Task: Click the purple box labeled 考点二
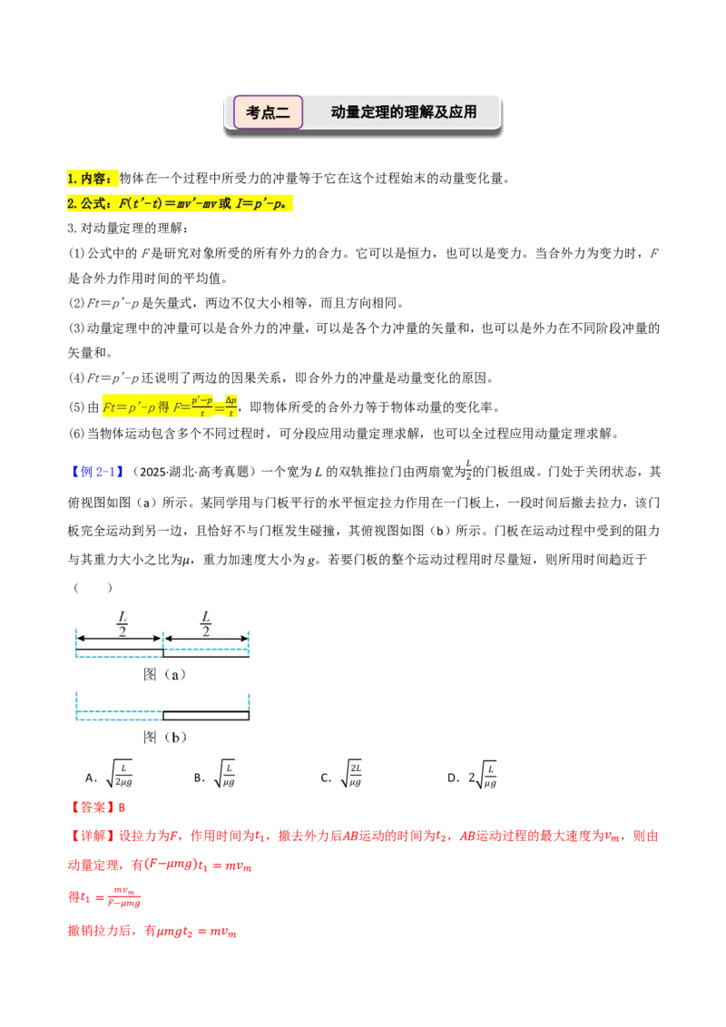click(x=268, y=112)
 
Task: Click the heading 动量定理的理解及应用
click(x=404, y=112)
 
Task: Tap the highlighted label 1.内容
click(x=93, y=178)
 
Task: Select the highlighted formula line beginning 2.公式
click(x=179, y=204)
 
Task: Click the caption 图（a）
click(x=164, y=674)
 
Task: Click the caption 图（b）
click(x=164, y=737)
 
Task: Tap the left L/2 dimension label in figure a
click(x=123, y=623)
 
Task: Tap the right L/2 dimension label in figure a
click(x=206, y=623)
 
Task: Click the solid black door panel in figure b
click(x=206, y=715)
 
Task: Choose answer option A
click(x=110, y=775)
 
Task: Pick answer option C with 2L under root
click(x=341, y=775)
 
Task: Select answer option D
click(x=472, y=775)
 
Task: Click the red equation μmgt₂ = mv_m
click(x=197, y=932)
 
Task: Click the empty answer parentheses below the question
click(x=93, y=588)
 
